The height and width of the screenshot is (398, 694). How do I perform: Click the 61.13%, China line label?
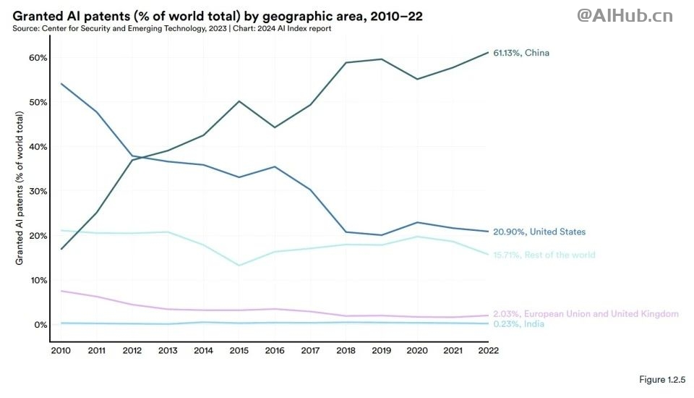click(526, 53)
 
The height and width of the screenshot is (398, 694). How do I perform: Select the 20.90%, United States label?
click(539, 232)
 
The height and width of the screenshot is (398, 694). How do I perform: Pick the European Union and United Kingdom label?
click(586, 314)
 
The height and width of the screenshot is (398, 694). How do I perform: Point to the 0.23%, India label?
click(518, 324)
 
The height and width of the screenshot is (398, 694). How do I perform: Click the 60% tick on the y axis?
click(38, 58)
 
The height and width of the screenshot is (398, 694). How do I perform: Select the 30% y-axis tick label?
click(38, 191)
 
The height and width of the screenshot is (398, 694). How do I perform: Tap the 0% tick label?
click(40, 325)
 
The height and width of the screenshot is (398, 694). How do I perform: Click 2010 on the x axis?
click(61, 351)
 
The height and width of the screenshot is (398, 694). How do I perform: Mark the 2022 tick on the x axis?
click(487, 351)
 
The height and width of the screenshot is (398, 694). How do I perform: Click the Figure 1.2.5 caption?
click(661, 380)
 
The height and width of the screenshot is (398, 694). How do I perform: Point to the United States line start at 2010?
click(61, 84)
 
